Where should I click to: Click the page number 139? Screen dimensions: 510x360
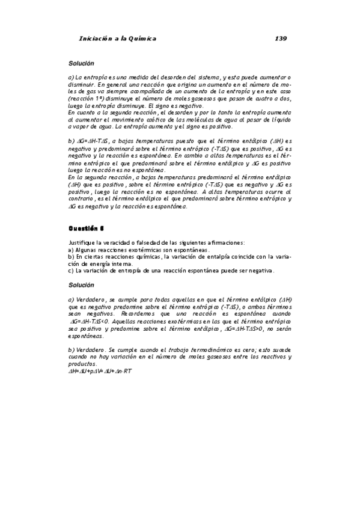280,38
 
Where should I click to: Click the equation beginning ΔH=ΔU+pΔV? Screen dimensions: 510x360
100,370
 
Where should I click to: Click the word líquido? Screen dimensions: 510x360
278,120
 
